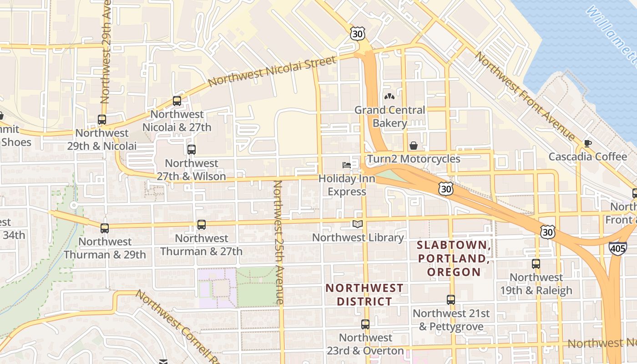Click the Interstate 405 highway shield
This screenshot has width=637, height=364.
pyautogui.click(x=617, y=248)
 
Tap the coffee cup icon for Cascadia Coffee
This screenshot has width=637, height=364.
pyautogui.click(x=587, y=143)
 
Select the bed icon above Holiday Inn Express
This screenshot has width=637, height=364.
pyautogui.click(x=347, y=165)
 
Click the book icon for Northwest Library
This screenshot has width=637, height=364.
pyautogui.click(x=358, y=224)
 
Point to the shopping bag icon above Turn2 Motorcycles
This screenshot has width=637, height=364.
pyautogui.click(x=414, y=146)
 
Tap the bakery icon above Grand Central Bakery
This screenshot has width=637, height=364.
pyautogui.click(x=389, y=96)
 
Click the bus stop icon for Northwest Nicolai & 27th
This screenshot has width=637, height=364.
pyautogui.click(x=177, y=101)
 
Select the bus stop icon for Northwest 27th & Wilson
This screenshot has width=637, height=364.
pyautogui.click(x=192, y=149)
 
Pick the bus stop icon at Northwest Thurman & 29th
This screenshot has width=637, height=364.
pyautogui.click(x=105, y=228)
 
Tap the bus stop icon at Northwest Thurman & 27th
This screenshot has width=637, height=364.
pyautogui.click(x=201, y=224)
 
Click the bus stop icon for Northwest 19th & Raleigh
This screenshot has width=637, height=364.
pyautogui.click(x=536, y=263)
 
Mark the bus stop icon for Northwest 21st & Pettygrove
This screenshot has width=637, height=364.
pyautogui.click(x=451, y=300)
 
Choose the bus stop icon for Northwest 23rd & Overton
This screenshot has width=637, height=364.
pyautogui.click(x=365, y=324)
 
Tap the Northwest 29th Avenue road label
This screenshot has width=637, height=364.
pyautogui.click(x=106, y=52)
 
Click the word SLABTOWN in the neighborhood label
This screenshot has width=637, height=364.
pyautogui.click(x=453, y=245)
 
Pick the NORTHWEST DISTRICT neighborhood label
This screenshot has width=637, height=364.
pyautogui.click(x=364, y=294)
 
